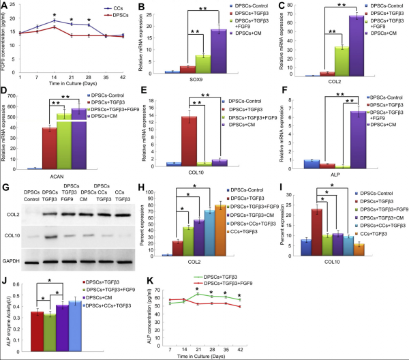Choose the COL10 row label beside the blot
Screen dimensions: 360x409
coord(11,237)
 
